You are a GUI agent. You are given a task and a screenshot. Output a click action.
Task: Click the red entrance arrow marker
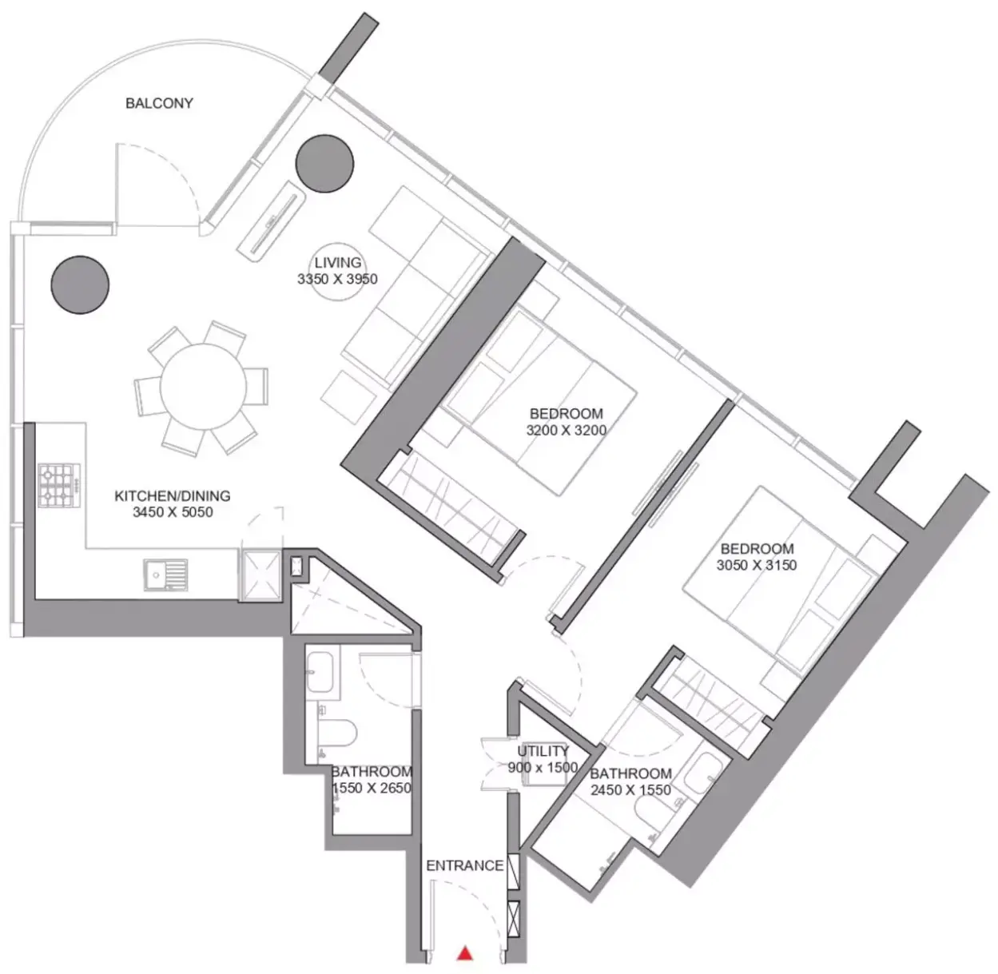(464, 952)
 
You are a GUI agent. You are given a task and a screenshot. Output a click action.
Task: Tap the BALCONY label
(160, 103)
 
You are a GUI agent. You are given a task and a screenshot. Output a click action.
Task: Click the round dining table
(203, 387)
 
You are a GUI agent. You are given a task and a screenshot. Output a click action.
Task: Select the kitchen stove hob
(59, 485)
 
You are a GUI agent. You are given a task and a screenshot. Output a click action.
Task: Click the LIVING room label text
(338, 263)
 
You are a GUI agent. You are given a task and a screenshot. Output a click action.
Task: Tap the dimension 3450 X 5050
(173, 512)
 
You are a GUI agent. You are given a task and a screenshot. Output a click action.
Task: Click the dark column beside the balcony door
(324, 164)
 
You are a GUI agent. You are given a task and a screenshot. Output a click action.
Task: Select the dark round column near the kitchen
(80, 284)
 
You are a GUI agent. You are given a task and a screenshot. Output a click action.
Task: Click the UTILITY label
(543, 751)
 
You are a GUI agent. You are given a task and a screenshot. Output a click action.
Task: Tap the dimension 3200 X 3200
(567, 430)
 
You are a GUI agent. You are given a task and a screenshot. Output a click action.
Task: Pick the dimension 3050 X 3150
(757, 565)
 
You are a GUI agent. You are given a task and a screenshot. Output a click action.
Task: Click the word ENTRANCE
(464, 865)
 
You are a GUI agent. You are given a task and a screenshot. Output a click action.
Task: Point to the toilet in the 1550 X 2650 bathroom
(336, 733)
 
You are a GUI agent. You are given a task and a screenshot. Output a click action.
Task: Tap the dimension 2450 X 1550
(630, 790)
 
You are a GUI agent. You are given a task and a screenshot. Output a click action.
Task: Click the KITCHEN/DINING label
(173, 496)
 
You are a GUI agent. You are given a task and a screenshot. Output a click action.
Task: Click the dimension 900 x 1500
(543, 767)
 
